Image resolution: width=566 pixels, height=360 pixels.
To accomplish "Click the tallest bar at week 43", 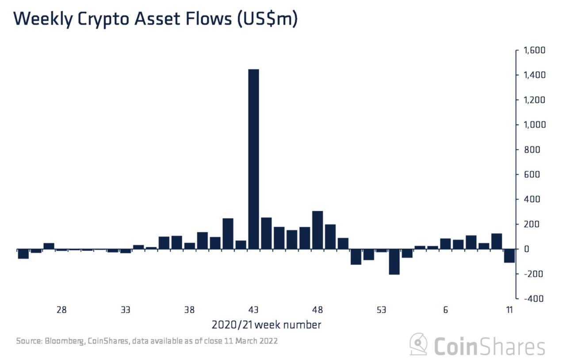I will (253, 159).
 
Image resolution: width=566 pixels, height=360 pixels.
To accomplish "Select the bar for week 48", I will (317, 230).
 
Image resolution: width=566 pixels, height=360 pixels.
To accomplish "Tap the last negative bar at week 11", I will (509, 256).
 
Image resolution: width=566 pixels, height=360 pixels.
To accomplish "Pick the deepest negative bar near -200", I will (394, 261).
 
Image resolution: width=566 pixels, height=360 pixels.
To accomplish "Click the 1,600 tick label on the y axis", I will (534, 50).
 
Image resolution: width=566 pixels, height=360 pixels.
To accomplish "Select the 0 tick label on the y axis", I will (527, 249).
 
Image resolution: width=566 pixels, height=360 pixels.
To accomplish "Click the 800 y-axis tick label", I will (532, 149).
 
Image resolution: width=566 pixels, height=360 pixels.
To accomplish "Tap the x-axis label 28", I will (61, 310).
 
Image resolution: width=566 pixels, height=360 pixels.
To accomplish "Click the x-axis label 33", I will (126, 310).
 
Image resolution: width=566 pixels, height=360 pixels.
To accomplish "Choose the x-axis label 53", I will (382, 310).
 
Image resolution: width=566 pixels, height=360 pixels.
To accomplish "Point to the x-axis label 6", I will (445, 310).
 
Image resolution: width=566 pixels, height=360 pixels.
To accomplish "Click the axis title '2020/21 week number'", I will (266, 325).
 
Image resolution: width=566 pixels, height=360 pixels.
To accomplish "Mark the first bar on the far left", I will (23, 254).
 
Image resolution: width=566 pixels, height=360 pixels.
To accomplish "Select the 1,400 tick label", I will (534, 75).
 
